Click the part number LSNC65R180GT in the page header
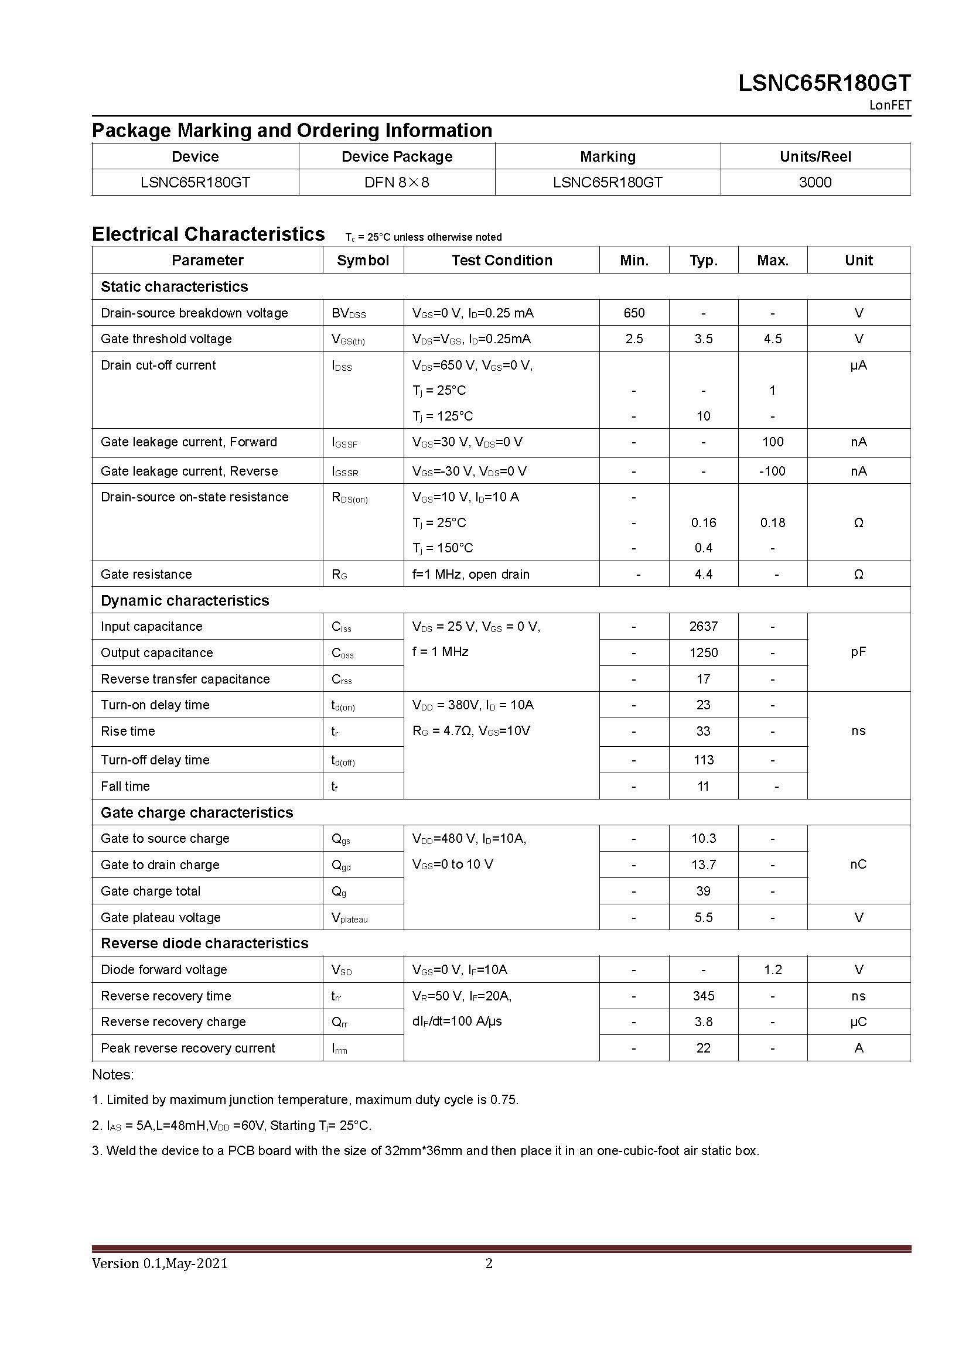click(824, 83)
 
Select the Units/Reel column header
click(815, 156)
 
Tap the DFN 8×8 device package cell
click(397, 182)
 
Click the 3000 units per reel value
click(815, 182)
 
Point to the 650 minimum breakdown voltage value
click(634, 313)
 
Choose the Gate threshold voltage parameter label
click(166, 339)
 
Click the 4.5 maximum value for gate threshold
click(773, 339)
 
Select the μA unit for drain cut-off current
click(858, 365)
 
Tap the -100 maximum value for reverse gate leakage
click(772, 471)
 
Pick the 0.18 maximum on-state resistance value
click(773, 522)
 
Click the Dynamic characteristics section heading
click(185, 600)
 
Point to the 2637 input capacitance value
click(704, 626)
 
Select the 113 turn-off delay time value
click(704, 760)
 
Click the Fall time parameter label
click(125, 786)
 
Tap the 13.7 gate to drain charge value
click(704, 865)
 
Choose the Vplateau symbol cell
click(350, 918)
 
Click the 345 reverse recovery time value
click(704, 996)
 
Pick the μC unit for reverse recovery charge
click(858, 1021)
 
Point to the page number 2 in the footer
click(489, 1263)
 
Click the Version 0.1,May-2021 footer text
click(160, 1263)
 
